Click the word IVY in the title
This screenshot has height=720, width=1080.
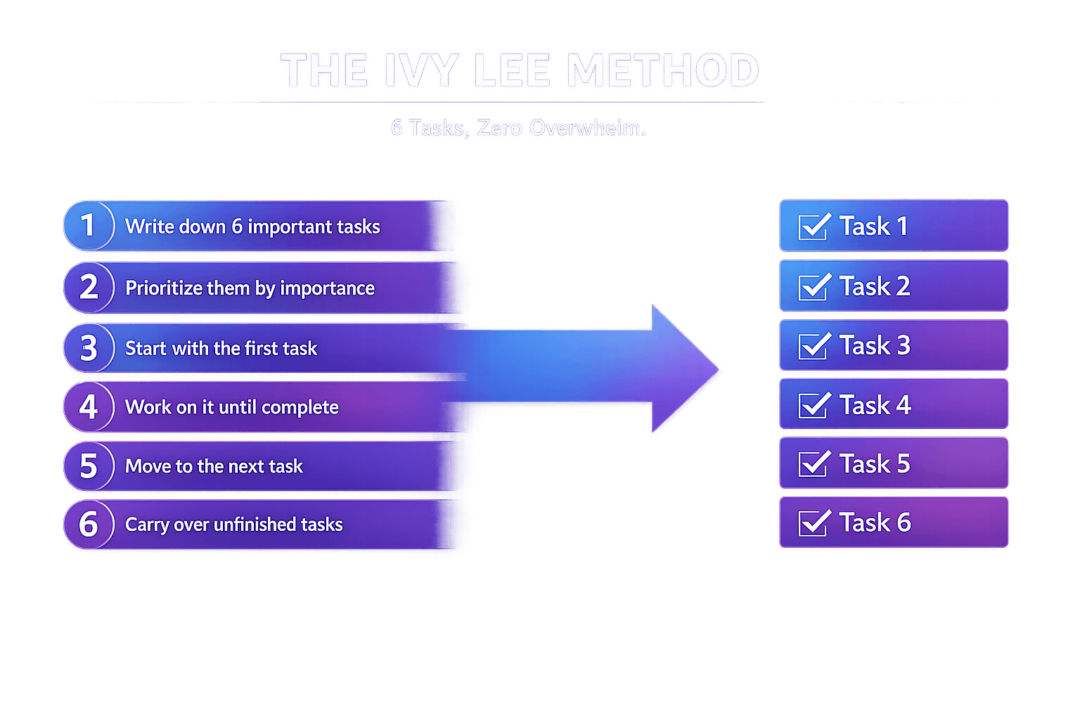point(420,71)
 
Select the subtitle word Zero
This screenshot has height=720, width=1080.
point(499,128)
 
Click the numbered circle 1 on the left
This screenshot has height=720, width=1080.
point(89,226)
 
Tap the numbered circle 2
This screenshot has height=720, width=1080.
point(89,287)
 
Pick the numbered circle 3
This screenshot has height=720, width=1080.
point(89,348)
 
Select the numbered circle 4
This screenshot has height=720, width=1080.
point(89,407)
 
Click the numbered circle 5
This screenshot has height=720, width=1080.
point(89,466)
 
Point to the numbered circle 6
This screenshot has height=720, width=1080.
point(89,525)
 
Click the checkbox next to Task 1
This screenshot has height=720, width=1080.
point(814,227)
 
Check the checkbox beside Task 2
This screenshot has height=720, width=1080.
point(814,287)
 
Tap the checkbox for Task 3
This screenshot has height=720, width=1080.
point(814,346)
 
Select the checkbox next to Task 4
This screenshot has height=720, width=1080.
point(814,406)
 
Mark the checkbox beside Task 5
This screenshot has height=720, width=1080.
point(814,464)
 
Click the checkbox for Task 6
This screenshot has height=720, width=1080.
point(814,523)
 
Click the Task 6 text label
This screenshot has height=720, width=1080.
point(875,522)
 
